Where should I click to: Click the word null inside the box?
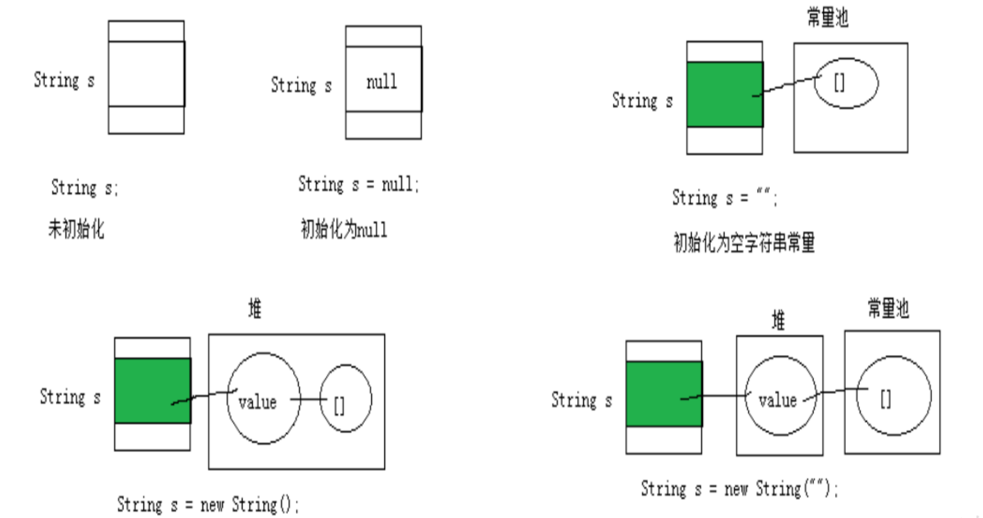382,81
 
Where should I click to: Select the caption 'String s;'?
84,188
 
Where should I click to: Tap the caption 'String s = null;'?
359,185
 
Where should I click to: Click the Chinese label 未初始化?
76,229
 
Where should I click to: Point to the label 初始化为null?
343,230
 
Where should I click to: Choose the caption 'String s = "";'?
724,198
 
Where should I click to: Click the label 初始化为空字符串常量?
743,243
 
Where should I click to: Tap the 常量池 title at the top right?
827,18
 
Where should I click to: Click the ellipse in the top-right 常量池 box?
846,83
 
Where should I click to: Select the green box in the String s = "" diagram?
724,94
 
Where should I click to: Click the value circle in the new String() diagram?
264,398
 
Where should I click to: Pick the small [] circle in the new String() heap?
345,398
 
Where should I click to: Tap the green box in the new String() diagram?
152,391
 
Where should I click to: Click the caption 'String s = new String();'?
208,504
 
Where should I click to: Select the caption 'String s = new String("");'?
739,489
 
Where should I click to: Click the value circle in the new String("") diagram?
780,396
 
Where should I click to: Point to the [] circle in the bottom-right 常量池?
893,396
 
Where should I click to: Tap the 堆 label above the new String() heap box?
255,309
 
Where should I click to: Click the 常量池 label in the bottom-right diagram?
888,308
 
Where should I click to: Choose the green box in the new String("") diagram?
664,394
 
